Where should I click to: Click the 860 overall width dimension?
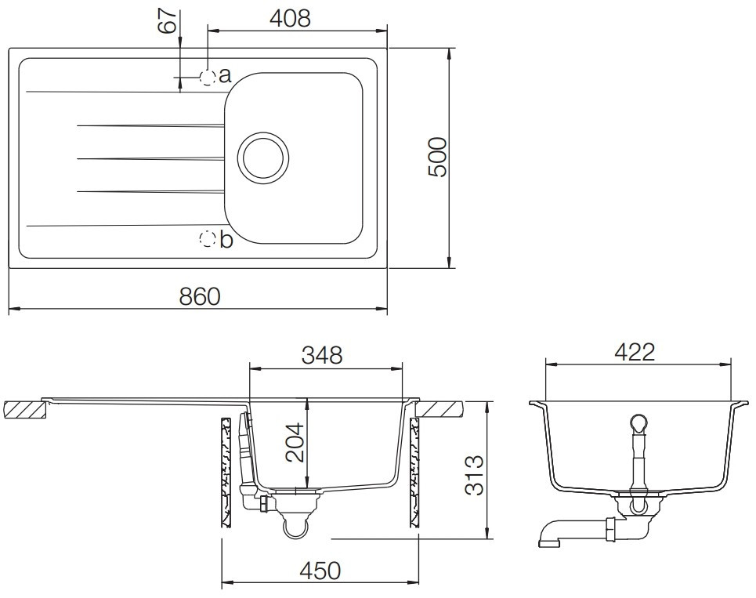point(200,296)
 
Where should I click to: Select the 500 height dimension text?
point(438,158)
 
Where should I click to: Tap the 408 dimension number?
point(290,19)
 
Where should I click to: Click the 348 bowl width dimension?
point(321,355)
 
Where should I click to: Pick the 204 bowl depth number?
point(295,443)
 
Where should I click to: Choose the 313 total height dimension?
point(474,475)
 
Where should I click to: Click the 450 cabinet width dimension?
point(320,571)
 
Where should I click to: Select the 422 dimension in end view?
point(635,353)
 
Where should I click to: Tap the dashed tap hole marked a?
point(208,77)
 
